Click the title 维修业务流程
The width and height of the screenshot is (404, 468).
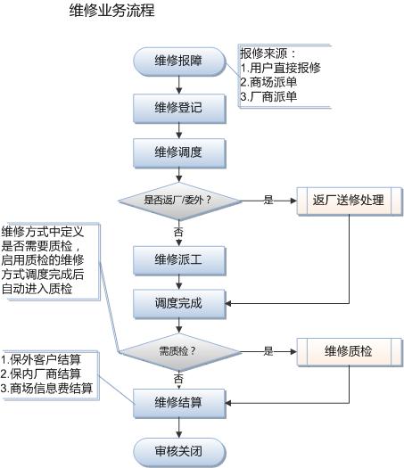pyautogui.click(x=112, y=11)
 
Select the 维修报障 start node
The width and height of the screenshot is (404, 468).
pyautogui.click(x=179, y=62)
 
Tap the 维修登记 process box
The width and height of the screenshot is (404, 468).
pyautogui.click(x=179, y=109)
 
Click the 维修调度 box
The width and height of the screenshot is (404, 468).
pyautogui.click(x=179, y=152)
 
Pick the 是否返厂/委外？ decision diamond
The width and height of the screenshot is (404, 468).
pyautogui.click(x=179, y=201)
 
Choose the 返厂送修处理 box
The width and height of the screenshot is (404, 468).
pyautogui.click(x=350, y=201)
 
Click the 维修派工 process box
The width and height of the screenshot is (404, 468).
pyautogui.click(x=179, y=260)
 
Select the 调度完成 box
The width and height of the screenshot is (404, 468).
pyautogui.click(x=179, y=304)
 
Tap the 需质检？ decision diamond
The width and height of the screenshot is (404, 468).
pyautogui.click(x=179, y=351)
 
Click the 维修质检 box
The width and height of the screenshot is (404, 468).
pyautogui.click(x=350, y=351)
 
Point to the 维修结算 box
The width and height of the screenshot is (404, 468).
pyautogui.click(x=179, y=403)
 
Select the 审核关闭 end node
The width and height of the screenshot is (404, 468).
pyautogui.click(x=179, y=452)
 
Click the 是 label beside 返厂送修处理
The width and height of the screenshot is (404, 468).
pyautogui.click(x=268, y=200)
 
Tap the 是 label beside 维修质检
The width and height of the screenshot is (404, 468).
pyautogui.click(x=268, y=351)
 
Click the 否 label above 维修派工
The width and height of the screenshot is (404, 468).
pyautogui.click(x=178, y=232)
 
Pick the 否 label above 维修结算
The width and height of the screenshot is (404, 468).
pyautogui.click(x=178, y=379)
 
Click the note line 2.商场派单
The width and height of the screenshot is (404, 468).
pyautogui.click(x=268, y=82)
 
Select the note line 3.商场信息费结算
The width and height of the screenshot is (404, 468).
pyautogui.click(x=46, y=388)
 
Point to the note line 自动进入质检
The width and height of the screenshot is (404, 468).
pyautogui.click(x=37, y=289)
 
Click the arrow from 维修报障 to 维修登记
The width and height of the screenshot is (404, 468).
pyautogui.click(x=179, y=85)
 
